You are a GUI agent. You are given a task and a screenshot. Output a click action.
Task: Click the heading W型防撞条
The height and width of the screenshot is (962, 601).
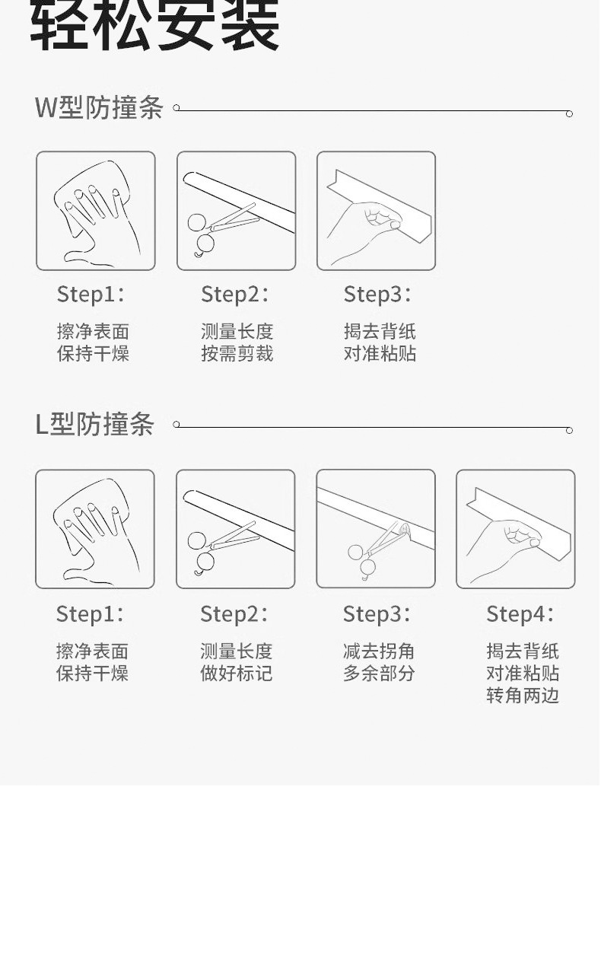tap(99, 107)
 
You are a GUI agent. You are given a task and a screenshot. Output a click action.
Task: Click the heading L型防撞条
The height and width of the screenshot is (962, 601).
tap(94, 425)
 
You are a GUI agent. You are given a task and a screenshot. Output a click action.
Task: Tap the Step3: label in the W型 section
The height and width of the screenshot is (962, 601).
tap(377, 295)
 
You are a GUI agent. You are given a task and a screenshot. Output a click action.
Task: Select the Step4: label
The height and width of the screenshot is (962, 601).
tap(520, 614)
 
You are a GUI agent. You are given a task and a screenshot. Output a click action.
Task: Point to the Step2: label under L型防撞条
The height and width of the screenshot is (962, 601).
tap(234, 614)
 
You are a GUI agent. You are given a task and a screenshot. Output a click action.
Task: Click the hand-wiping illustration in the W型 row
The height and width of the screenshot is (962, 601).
tap(96, 211)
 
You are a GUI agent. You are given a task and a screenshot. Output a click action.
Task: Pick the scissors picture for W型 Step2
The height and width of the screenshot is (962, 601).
tap(236, 211)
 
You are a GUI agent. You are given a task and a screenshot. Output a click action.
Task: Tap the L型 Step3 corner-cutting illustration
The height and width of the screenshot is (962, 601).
tap(376, 529)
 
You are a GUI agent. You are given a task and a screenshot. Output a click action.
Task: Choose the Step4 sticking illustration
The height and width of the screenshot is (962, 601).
tap(516, 529)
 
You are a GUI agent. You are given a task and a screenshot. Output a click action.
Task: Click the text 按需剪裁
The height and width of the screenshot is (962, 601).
tap(237, 354)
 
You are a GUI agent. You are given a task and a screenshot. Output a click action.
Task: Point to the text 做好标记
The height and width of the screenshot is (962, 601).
tap(236, 674)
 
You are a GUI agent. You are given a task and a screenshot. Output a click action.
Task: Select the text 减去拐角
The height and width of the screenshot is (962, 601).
tap(379, 651)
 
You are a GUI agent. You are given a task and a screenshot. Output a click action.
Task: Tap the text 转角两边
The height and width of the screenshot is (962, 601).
tap(523, 696)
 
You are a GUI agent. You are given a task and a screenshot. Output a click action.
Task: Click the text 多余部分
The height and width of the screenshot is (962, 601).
tap(379, 674)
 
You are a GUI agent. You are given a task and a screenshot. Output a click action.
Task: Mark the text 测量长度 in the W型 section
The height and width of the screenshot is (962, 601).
tap(237, 332)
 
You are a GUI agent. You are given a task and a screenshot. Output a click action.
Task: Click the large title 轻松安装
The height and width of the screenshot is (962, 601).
tap(154, 25)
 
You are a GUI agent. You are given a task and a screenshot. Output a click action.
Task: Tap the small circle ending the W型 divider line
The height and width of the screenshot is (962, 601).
tap(569, 114)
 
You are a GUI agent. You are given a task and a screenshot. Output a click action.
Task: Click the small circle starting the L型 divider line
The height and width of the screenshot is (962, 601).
tap(176, 425)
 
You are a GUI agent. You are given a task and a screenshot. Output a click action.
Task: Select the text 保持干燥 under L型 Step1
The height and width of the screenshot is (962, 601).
tap(92, 674)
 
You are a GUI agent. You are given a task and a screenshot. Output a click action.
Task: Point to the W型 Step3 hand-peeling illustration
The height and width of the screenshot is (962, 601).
tap(376, 211)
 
